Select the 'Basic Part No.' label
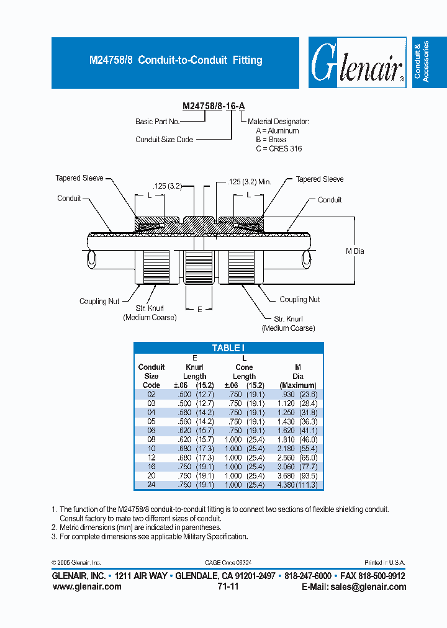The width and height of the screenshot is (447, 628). coord(158,122)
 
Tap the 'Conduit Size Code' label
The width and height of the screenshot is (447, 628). coord(165,140)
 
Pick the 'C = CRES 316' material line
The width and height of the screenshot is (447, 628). coord(279,149)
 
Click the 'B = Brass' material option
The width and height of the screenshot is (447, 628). coord(271,140)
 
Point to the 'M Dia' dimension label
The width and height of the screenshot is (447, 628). coord(355,251)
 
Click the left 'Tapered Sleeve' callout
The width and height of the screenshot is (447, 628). coord(79,178)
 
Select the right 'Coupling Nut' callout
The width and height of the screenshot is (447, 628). coord(300,299)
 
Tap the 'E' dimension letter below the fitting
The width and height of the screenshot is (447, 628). coord(199,308)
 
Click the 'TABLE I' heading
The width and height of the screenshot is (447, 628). coord(228,348)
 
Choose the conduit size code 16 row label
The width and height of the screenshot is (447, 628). coord(151,466)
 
